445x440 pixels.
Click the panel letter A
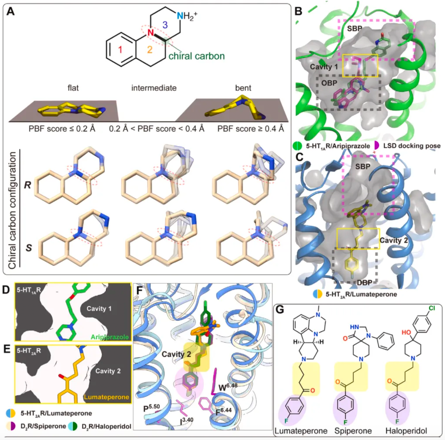11,11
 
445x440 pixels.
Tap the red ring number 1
120,50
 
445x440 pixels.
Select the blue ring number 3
165,25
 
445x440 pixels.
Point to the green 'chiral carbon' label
197,56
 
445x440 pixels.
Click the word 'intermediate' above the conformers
154,88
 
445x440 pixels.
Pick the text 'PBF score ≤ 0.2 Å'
62,129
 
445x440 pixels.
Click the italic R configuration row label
28,185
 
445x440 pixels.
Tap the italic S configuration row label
28,248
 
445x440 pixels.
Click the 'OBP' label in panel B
329,83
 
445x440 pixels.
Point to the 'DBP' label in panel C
365,282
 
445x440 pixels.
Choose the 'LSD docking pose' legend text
412,146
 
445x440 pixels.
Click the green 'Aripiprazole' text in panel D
110,337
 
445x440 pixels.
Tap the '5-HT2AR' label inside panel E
29,351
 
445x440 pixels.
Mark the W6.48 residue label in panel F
228,387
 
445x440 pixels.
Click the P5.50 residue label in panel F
151,408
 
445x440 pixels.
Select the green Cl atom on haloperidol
432,308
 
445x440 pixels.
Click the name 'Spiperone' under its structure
353,431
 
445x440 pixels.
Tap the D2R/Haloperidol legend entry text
106,426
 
